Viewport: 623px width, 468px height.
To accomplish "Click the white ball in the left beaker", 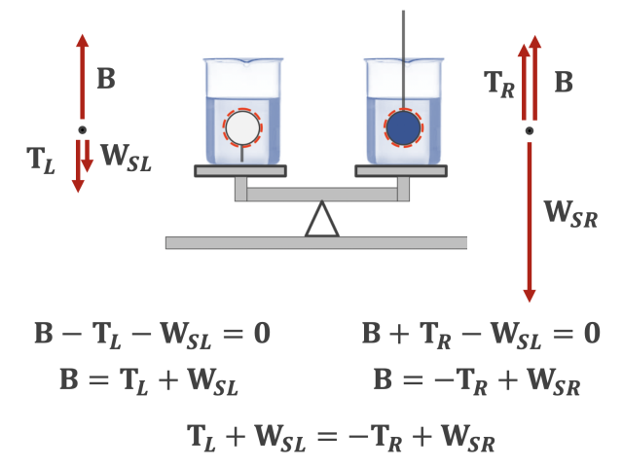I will click(242, 126).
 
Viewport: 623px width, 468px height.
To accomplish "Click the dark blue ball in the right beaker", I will click(403, 127).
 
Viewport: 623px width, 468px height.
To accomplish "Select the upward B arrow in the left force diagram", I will click(82, 78).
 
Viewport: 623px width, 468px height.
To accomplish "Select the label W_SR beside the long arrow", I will click(570, 214).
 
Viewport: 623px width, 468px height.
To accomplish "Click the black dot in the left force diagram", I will click(82, 130).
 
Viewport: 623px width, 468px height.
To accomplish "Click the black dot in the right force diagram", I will click(530, 130).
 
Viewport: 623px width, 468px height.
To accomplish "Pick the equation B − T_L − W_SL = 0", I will click(153, 334).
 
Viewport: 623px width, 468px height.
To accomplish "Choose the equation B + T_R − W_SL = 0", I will click(481, 334).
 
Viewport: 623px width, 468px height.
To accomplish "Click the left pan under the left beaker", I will click(240, 171).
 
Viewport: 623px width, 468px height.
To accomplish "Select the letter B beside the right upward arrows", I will click(564, 83).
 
